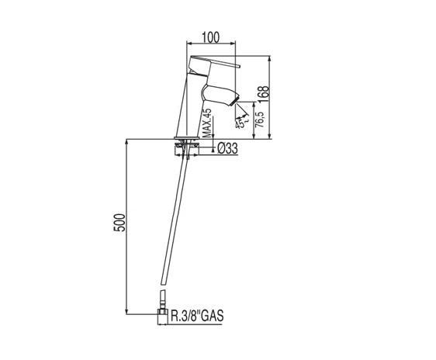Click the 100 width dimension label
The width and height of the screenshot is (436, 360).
[209, 36]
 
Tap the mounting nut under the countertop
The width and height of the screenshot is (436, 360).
[185, 145]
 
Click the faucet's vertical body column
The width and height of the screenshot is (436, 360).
[191, 109]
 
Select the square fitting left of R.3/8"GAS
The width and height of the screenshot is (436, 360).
[161, 315]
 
